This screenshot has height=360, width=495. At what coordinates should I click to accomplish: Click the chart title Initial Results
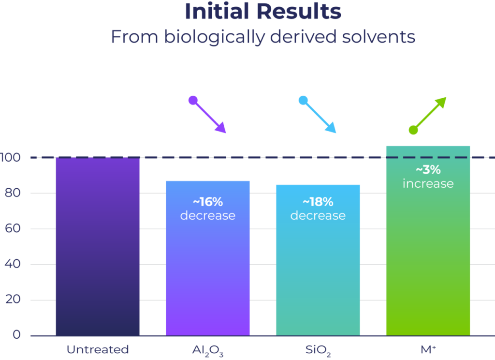263,12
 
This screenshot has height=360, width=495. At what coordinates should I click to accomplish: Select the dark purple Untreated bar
98,246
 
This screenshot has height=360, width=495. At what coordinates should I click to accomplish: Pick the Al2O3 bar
208,258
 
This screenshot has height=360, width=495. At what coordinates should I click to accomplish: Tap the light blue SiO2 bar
318,260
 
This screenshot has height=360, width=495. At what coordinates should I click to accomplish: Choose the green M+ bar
428,241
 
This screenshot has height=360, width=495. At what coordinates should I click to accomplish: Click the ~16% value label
208,202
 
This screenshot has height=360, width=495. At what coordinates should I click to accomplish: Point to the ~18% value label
318,202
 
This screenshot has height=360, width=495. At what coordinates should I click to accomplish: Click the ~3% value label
428,170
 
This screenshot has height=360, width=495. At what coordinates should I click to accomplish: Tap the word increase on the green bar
428,184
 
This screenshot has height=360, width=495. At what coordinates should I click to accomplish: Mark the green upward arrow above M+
428,115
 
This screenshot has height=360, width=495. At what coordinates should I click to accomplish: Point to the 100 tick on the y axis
10,157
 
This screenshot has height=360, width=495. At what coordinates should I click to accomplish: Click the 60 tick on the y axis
13,228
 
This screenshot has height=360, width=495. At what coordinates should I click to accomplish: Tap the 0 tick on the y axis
17,334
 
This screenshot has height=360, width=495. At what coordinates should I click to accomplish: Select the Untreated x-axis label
98,349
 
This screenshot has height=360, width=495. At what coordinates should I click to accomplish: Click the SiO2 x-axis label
318,350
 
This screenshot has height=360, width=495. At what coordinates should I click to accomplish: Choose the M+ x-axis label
428,349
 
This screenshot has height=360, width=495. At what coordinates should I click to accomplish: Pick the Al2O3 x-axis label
208,350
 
